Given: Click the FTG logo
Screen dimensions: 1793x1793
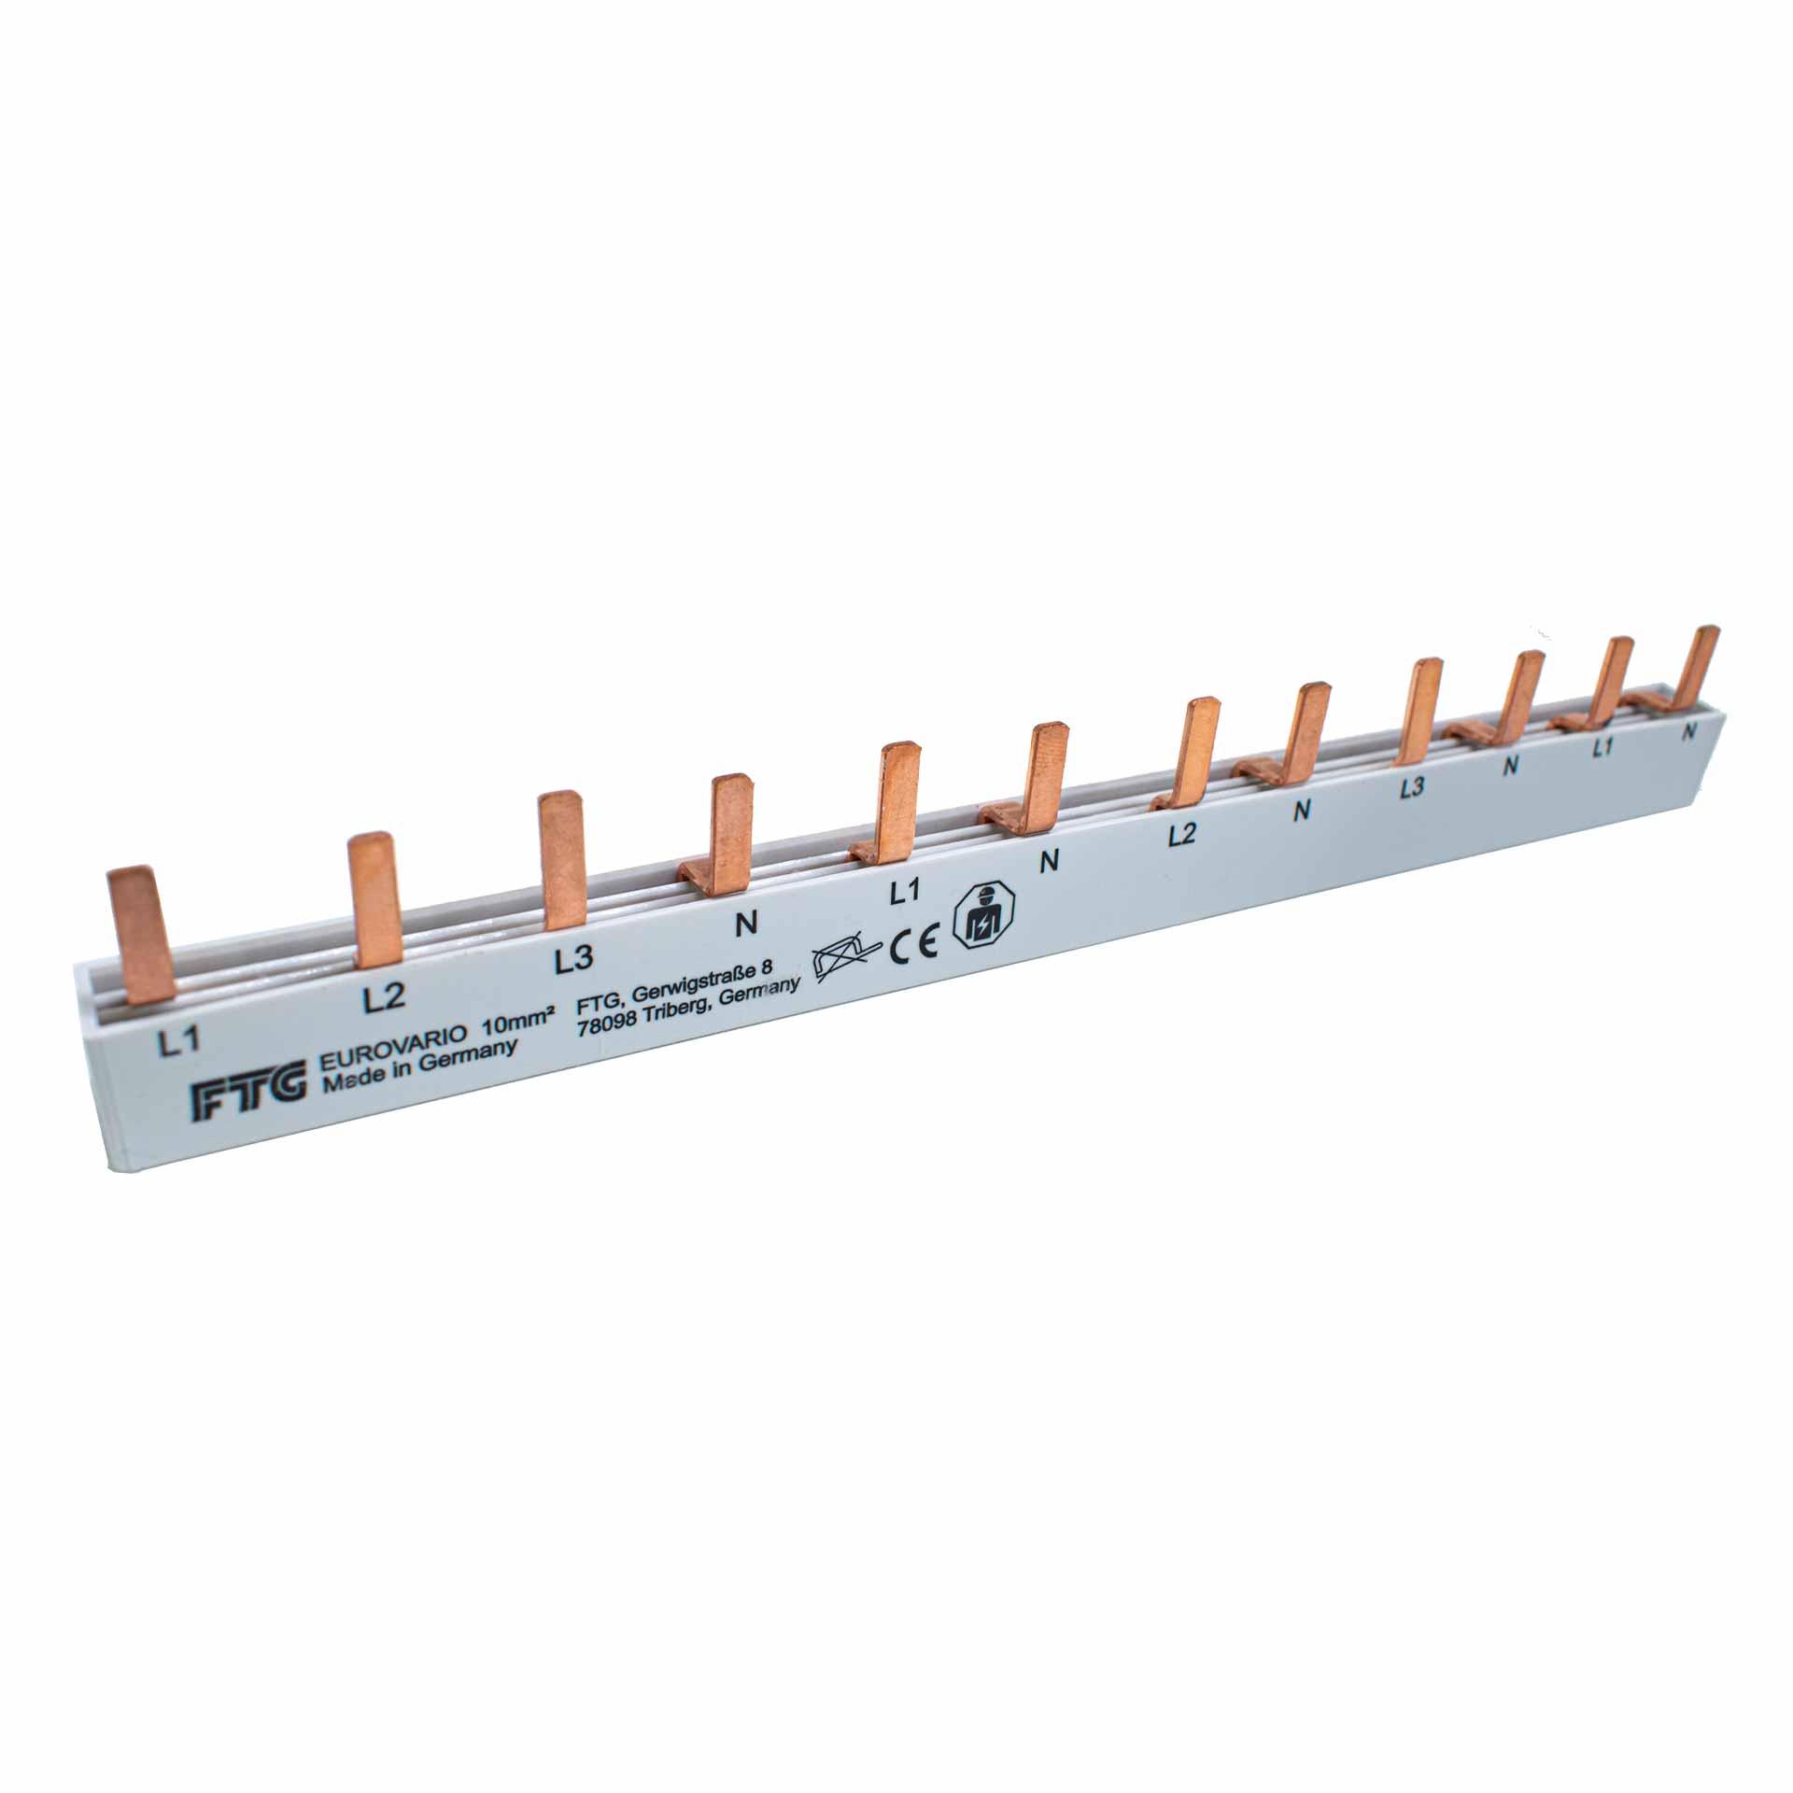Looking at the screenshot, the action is pyautogui.click(x=249, y=1101).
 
